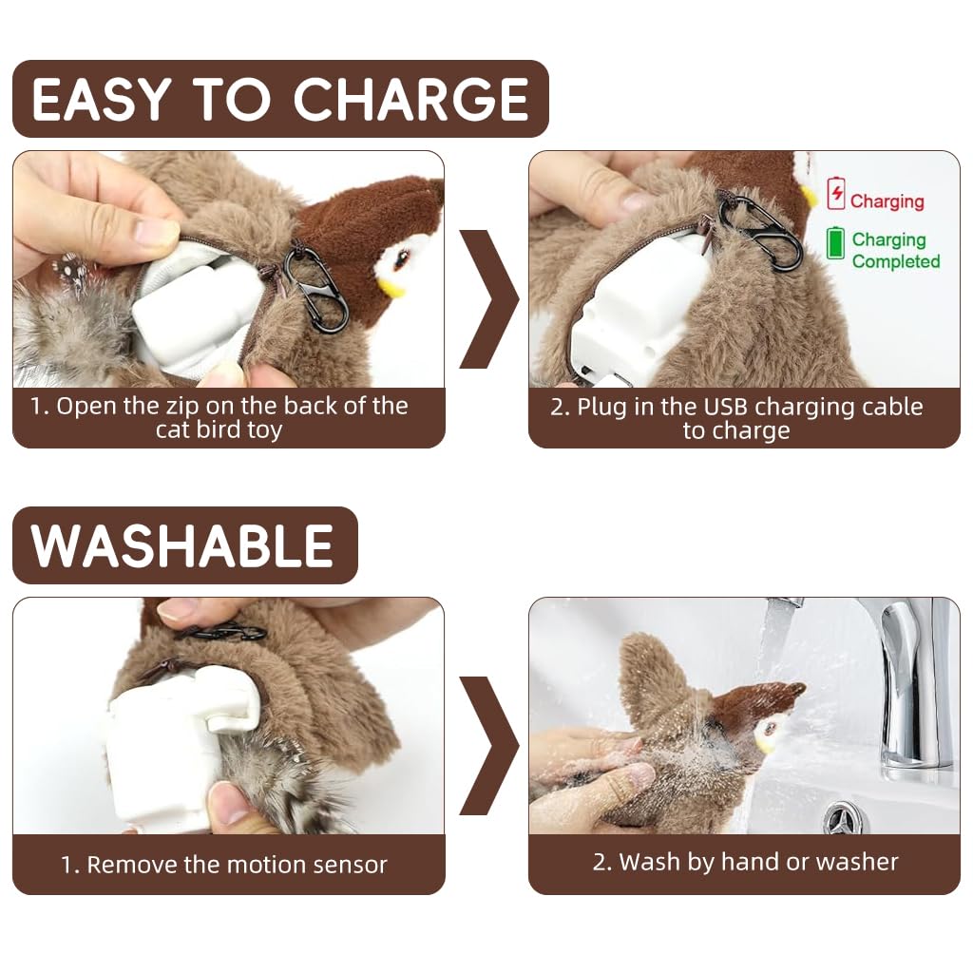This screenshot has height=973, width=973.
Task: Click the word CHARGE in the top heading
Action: [x=410, y=100]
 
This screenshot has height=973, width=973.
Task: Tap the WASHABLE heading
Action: [x=183, y=545]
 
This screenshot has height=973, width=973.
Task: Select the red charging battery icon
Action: [x=836, y=193]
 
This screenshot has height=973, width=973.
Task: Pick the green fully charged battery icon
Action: [x=835, y=242]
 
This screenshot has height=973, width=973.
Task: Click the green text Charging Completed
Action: [x=895, y=251]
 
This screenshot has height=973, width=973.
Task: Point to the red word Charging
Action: [x=887, y=201]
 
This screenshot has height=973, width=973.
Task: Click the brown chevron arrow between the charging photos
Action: [x=488, y=298]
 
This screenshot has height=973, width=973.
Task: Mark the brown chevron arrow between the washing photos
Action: [x=488, y=746]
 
